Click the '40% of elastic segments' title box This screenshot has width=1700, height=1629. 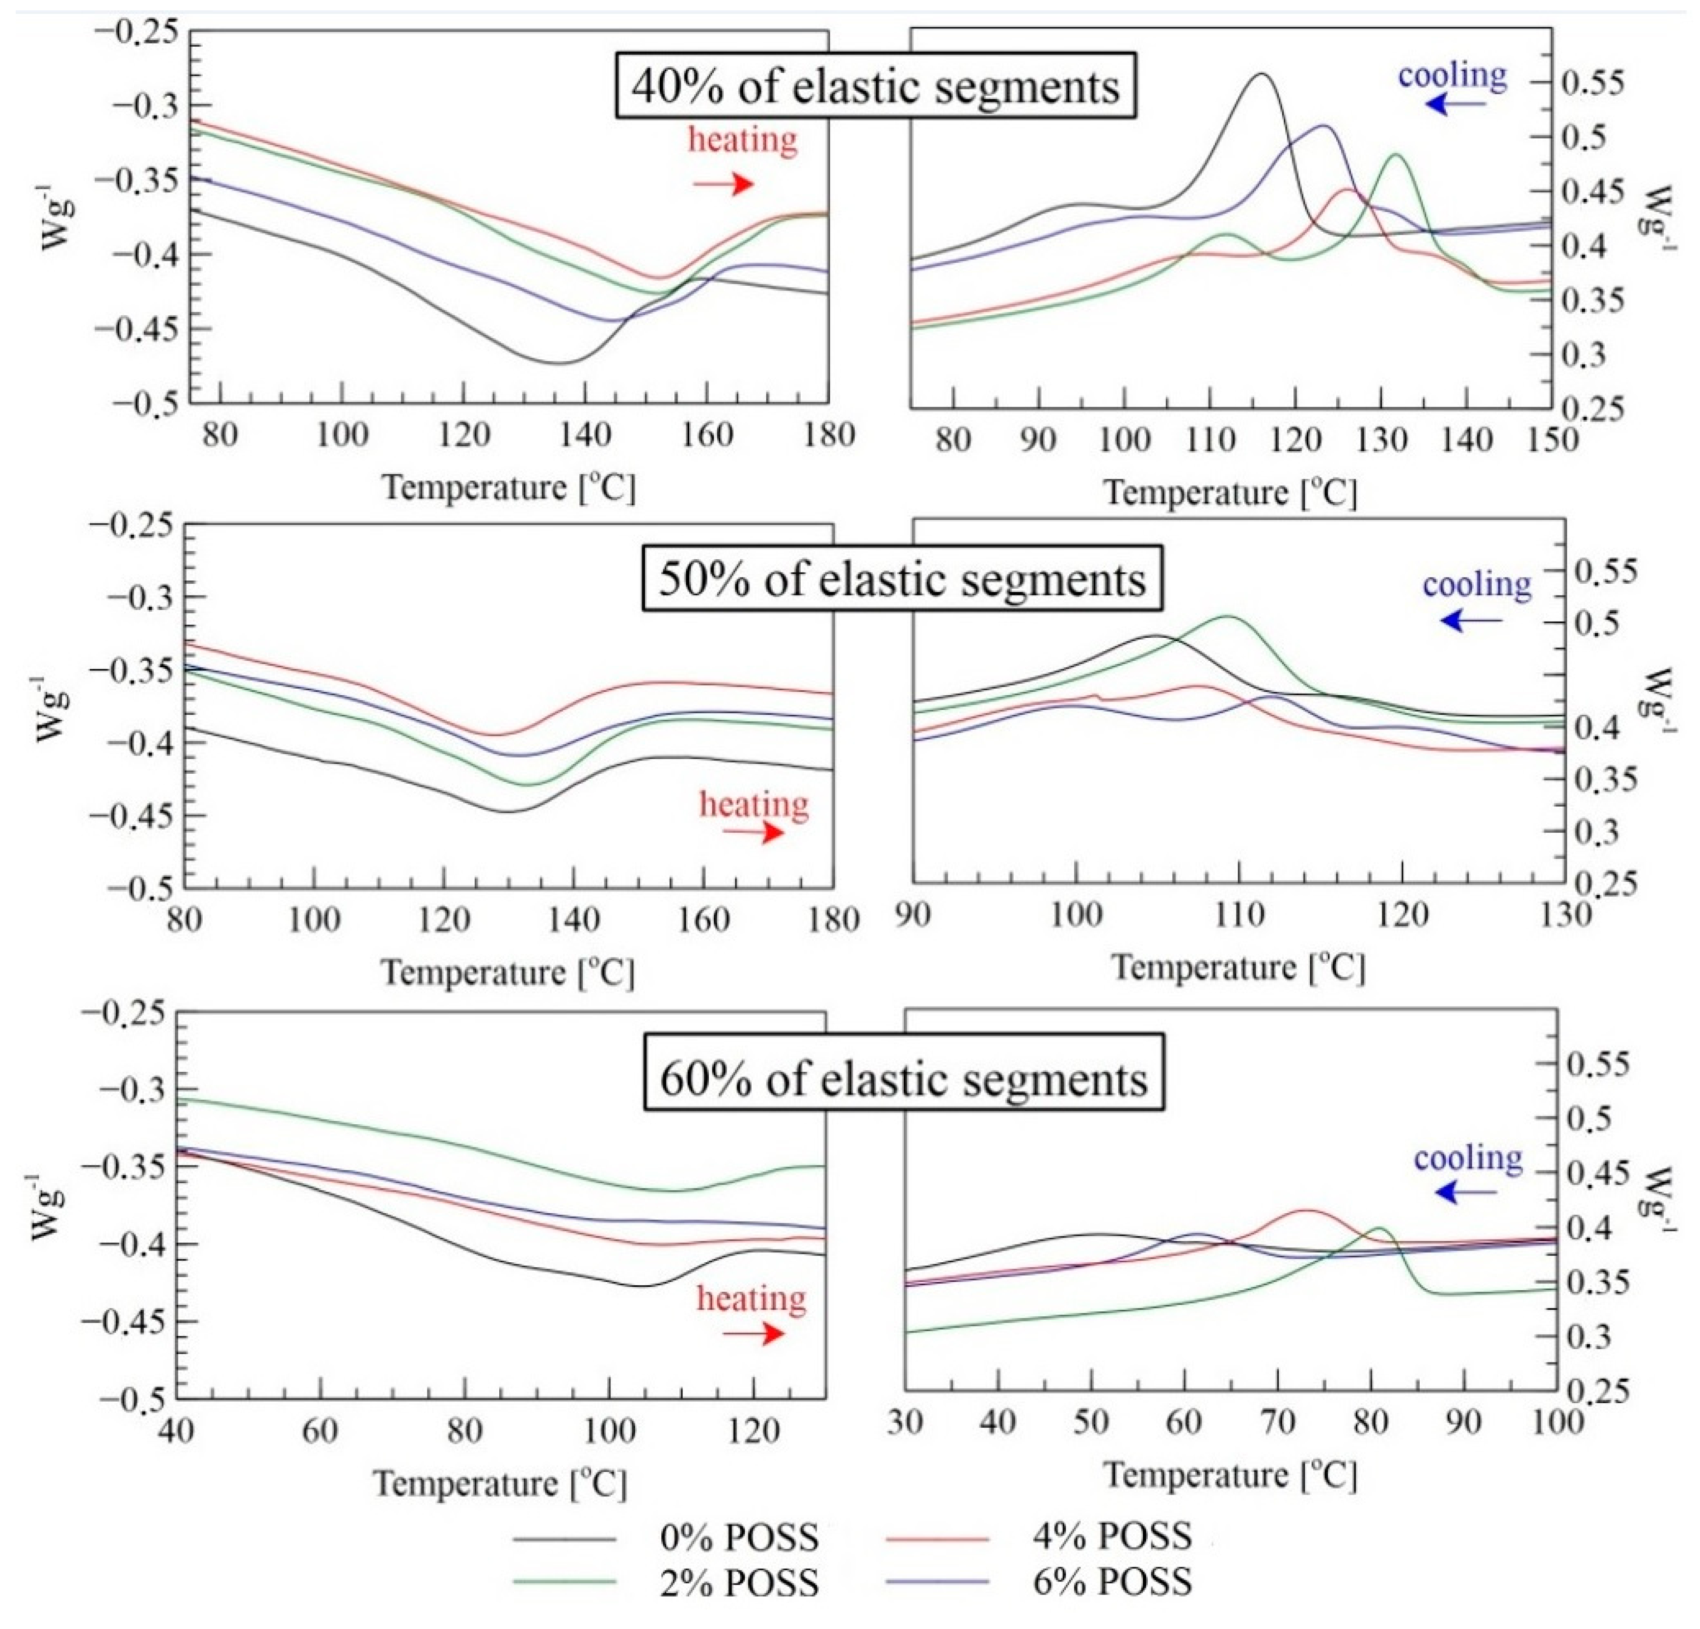[x=875, y=86]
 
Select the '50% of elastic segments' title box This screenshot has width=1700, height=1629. [x=902, y=578]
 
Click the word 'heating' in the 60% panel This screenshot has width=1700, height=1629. [x=751, y=1299]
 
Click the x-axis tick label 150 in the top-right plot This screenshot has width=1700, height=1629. [x=1550, y=440]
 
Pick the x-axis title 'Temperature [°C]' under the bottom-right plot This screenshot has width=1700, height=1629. [x=1229, y=1475]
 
